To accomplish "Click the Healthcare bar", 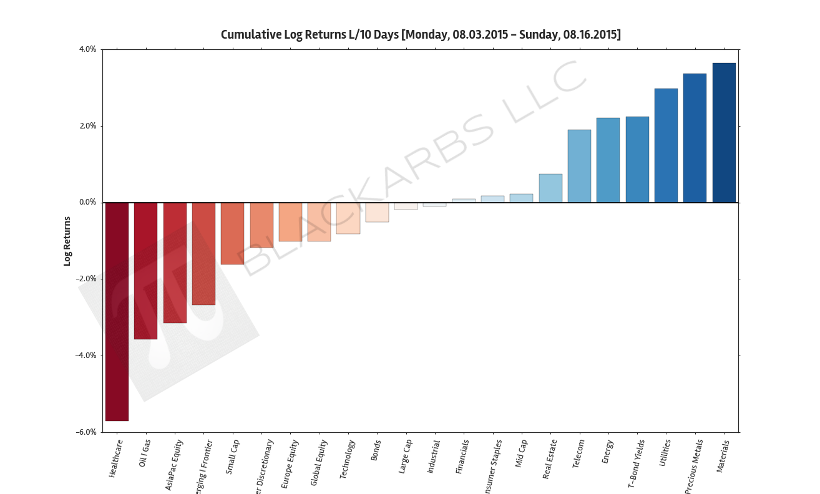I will [x=117, y=311].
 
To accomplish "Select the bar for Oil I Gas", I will [x=145, y=271].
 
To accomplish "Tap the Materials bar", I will [x=724, y=133].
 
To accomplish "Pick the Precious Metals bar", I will [x=695, y=138].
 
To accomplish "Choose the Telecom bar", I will [x=579, y=166].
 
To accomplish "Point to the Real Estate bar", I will [x=550, y=188].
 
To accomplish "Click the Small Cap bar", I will [x=232, y=233].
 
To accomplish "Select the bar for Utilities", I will [x=666, y=145].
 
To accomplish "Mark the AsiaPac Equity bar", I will [x=175, y=263].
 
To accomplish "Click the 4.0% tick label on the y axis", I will [x=87, y=49].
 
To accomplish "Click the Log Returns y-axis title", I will [x=67, y=241].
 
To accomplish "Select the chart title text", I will [x=421, y=35].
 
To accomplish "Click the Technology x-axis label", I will [x=348, y=460].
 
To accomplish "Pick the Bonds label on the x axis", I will [x=376, y=450].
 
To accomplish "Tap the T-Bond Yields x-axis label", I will [x=636, y=464].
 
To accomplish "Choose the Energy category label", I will [x=607, y=452].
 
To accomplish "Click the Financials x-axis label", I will [x=462, y=457].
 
